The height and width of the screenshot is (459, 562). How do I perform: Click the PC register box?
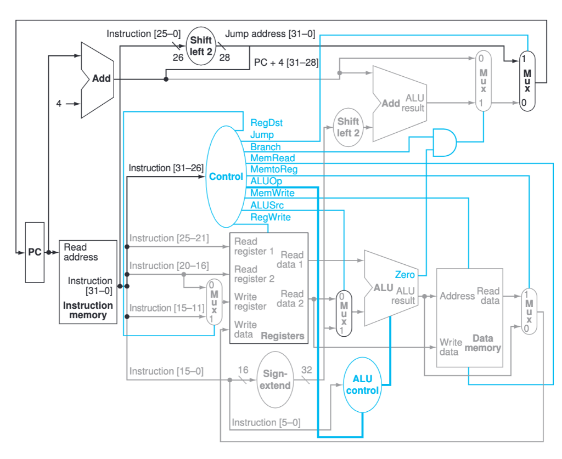coord(35,252)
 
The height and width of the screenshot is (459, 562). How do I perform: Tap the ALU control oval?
coord(362,384)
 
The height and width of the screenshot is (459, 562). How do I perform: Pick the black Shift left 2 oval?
coord(201,46)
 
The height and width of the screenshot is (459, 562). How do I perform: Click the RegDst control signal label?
coord(266,123)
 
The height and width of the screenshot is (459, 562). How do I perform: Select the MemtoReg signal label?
coord(273,169)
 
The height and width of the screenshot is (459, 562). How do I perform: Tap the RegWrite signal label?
coord(271,217)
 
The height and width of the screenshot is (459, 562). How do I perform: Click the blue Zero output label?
coord(405,274)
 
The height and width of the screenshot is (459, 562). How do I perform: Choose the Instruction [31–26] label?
coord(166,168)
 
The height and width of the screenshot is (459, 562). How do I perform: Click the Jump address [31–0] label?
coord(270,34)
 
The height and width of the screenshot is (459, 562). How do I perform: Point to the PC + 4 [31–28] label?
coord(286,63)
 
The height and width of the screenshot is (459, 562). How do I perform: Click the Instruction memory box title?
coord(88,310)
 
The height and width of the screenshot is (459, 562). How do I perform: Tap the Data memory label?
coord(483,343)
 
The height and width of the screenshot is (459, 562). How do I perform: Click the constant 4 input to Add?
coord(59,103)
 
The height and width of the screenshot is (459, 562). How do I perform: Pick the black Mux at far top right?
coord(527,81)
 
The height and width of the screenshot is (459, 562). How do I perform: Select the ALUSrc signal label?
coord(267,205)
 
